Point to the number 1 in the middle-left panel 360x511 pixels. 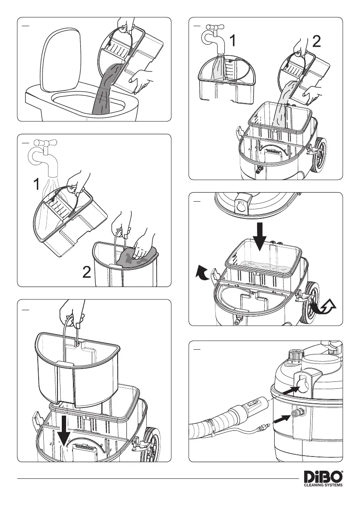pos(37,185)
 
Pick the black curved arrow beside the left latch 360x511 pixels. pos(203,273)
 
